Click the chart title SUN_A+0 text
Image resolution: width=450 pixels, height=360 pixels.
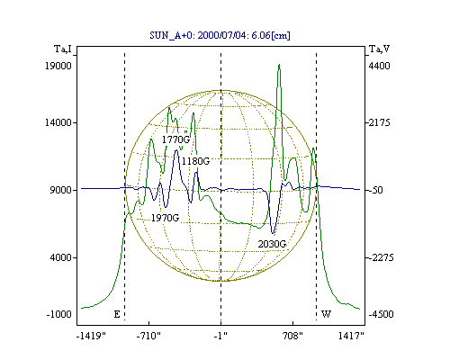tap(220, 35)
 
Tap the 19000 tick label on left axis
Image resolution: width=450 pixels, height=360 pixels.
tap(58, 66)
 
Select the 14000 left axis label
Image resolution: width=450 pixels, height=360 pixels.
tap(58, 122)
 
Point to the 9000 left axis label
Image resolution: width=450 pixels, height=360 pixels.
tap(60, 190)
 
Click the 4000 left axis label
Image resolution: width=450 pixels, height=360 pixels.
tap(60, 257)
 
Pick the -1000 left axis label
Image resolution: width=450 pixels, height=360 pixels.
tap(58, 314)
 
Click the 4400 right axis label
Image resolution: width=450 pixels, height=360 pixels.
tap(379, 66)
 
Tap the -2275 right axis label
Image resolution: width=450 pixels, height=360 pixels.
tap(381, 257)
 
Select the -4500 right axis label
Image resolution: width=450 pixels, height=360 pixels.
tap(381, 314)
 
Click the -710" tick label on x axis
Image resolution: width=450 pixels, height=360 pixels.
tap(148, 336)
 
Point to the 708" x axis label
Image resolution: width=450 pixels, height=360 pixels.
tap(292, 336)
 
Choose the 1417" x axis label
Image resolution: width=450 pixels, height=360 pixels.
tap(351, 336)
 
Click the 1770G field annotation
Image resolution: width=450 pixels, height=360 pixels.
tap(175, 139)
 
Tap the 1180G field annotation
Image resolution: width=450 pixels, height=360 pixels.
tap(195, 161)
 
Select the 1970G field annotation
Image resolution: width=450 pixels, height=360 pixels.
tap(165, 218)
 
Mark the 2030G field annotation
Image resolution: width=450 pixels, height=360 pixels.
tap(272, 244)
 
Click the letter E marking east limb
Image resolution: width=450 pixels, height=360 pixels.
tap(117, 314)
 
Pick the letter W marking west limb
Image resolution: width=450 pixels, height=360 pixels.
tap(327, 314)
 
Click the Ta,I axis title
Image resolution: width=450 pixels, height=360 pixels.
tap(63, 49)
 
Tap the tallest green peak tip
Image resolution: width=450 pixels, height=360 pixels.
tap(279, 64)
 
